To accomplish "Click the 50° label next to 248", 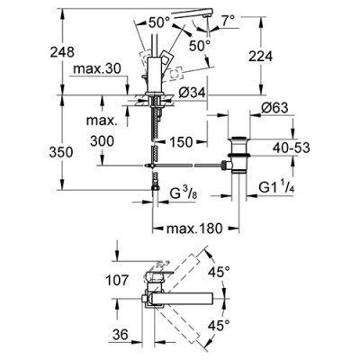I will (x=159, y=20).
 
